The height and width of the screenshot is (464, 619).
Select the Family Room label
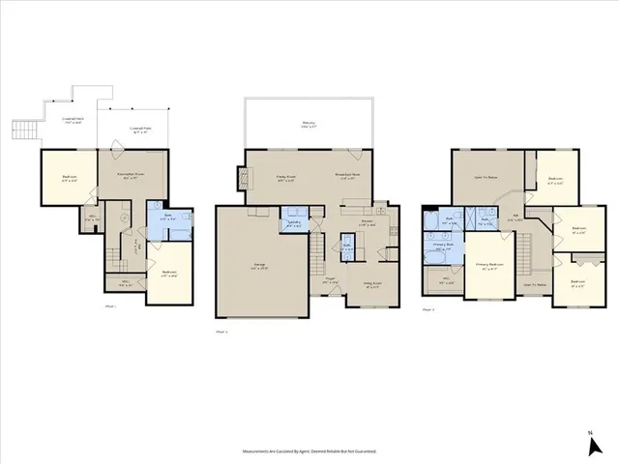point(285,176)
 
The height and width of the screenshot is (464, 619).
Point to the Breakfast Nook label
point(347,176)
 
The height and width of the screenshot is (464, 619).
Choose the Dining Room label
point(371,284)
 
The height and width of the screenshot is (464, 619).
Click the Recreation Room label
point(131,175)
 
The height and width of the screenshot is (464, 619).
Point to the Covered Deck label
point(73,120)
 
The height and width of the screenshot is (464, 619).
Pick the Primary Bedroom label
point(489,265)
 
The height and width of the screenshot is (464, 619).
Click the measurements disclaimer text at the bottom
point(309,450)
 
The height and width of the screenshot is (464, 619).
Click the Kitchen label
point(367,221)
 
